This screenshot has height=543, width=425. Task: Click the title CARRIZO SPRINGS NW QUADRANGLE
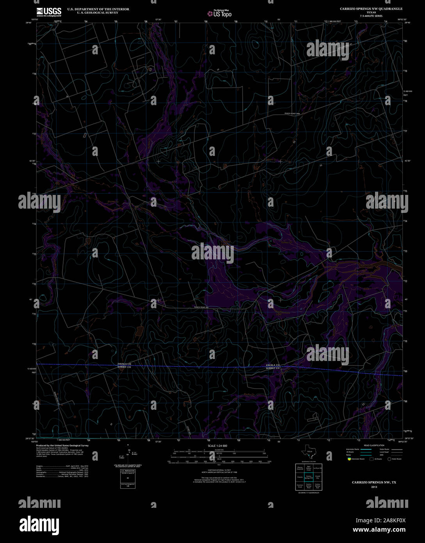click(371, 9)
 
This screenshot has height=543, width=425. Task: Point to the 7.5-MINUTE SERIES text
click(371, 16)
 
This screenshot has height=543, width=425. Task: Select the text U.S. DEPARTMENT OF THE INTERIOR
click(98, 9)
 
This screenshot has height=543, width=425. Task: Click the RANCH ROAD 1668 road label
click(292, 114)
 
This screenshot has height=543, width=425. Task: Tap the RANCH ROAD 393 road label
click(202, 307)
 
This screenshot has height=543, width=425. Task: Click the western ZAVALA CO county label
click(124, 364)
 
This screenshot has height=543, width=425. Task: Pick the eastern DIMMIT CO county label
click(273, 368)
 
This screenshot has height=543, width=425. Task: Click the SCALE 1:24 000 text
click(217, 446)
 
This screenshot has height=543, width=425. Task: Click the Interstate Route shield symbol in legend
click(349, 459)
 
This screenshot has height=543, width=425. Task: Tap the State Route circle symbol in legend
click(389, 459)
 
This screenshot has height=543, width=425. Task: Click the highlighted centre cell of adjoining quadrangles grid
click(309, 477)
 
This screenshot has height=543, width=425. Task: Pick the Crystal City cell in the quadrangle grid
click(318, 477)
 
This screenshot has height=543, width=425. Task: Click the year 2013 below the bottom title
click(374, 486)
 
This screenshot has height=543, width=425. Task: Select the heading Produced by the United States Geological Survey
click(62, 445)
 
